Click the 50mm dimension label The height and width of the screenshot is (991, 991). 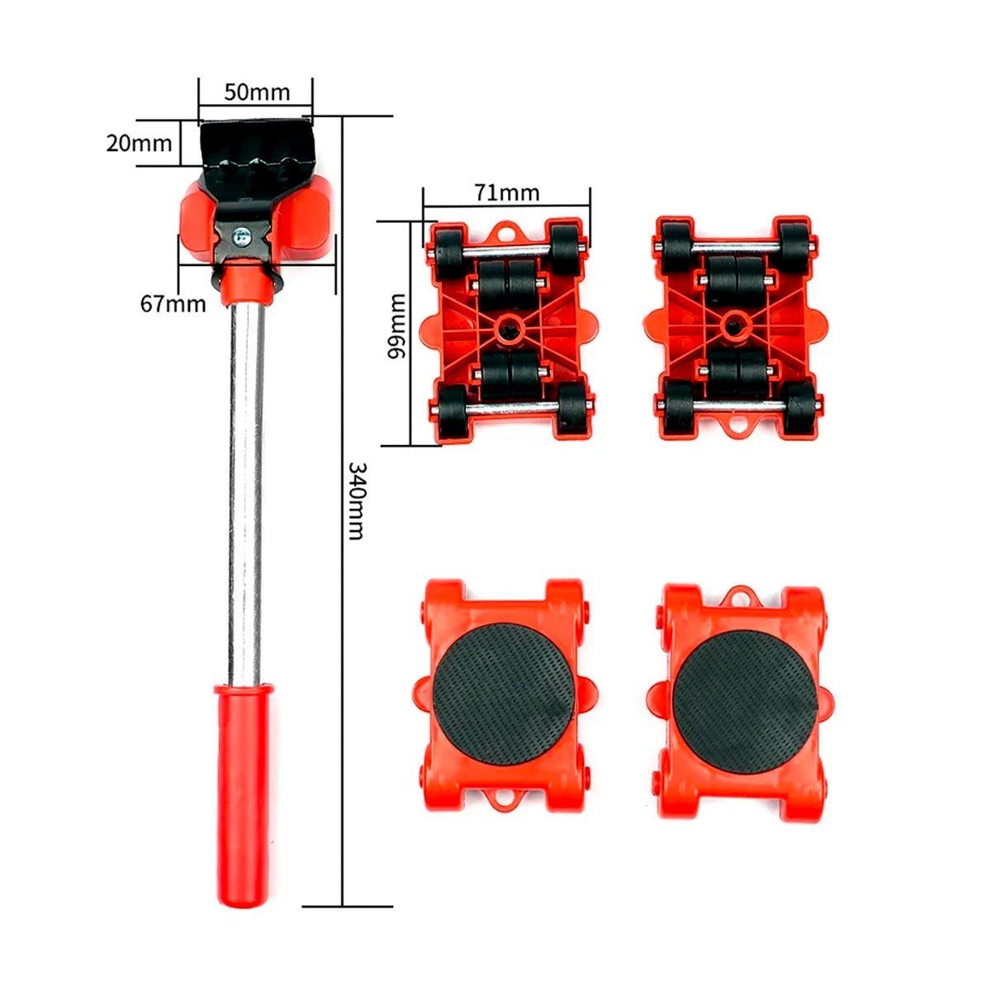(x=257, y=92)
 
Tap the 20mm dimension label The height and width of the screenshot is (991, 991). (x=139, y=144)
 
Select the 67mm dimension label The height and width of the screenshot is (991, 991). (x=173, y=304)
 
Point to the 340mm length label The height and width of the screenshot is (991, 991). (x=357, y=500)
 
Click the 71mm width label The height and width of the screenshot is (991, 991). (x=506, y=193)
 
